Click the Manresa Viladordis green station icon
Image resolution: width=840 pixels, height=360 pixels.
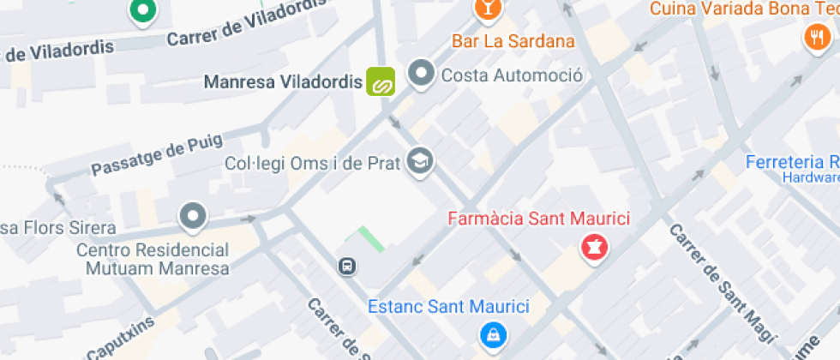[x=381, y=82]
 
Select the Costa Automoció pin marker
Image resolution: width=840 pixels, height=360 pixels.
[x=420, y=75]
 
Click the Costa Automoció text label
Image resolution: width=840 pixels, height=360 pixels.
[x=512, y=75]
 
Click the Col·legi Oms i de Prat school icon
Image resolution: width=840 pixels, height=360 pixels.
[x=420, y=160]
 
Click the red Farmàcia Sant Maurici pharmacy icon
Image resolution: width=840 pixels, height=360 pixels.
[x=592, y=249]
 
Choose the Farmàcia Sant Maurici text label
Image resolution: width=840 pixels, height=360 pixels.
[x=539, y=219]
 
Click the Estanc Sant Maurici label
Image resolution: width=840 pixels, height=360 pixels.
[x=448, y=306]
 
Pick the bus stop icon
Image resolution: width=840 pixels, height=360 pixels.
[x=347, y=267]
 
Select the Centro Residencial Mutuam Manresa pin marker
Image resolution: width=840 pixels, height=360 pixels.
[x=193, y=217]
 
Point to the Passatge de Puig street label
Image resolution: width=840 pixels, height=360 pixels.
[x=157, y=155]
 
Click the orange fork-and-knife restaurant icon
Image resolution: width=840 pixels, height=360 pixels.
[x=813, y=37]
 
